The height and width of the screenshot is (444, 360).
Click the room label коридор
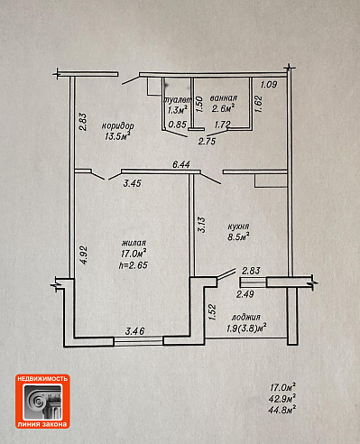tap(117, 125)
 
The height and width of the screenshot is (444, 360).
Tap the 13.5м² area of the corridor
tap(117, 136)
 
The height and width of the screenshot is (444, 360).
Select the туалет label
tap(177, 100)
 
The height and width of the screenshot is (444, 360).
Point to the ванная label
tap(224, 98)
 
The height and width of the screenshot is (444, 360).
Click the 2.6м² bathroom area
tap(223, 108)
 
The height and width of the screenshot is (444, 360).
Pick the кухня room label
tap(238, 227)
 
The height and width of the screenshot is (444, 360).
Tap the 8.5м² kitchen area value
tap(239, 236)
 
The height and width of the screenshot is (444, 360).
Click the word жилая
tap(134, 243)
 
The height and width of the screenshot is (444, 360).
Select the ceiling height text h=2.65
tap(134, 265)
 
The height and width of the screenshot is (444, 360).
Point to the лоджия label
tap(245, 317)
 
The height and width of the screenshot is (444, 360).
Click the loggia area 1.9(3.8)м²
tap(246, 328)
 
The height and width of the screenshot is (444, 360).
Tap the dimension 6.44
tap(181, 164)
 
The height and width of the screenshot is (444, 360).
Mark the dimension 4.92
tap(84, 255)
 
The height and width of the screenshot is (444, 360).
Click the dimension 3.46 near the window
tap(134, 331)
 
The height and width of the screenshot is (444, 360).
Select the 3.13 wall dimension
tap(201, 225)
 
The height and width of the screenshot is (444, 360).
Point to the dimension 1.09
tap(269, 85)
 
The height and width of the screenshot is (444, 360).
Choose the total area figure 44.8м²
tap(282, 410)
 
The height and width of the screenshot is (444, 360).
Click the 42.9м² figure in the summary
tap(282, 399)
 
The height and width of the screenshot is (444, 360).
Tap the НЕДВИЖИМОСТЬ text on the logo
tap(42, 379)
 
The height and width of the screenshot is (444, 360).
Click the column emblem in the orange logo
tap(42, 402)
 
